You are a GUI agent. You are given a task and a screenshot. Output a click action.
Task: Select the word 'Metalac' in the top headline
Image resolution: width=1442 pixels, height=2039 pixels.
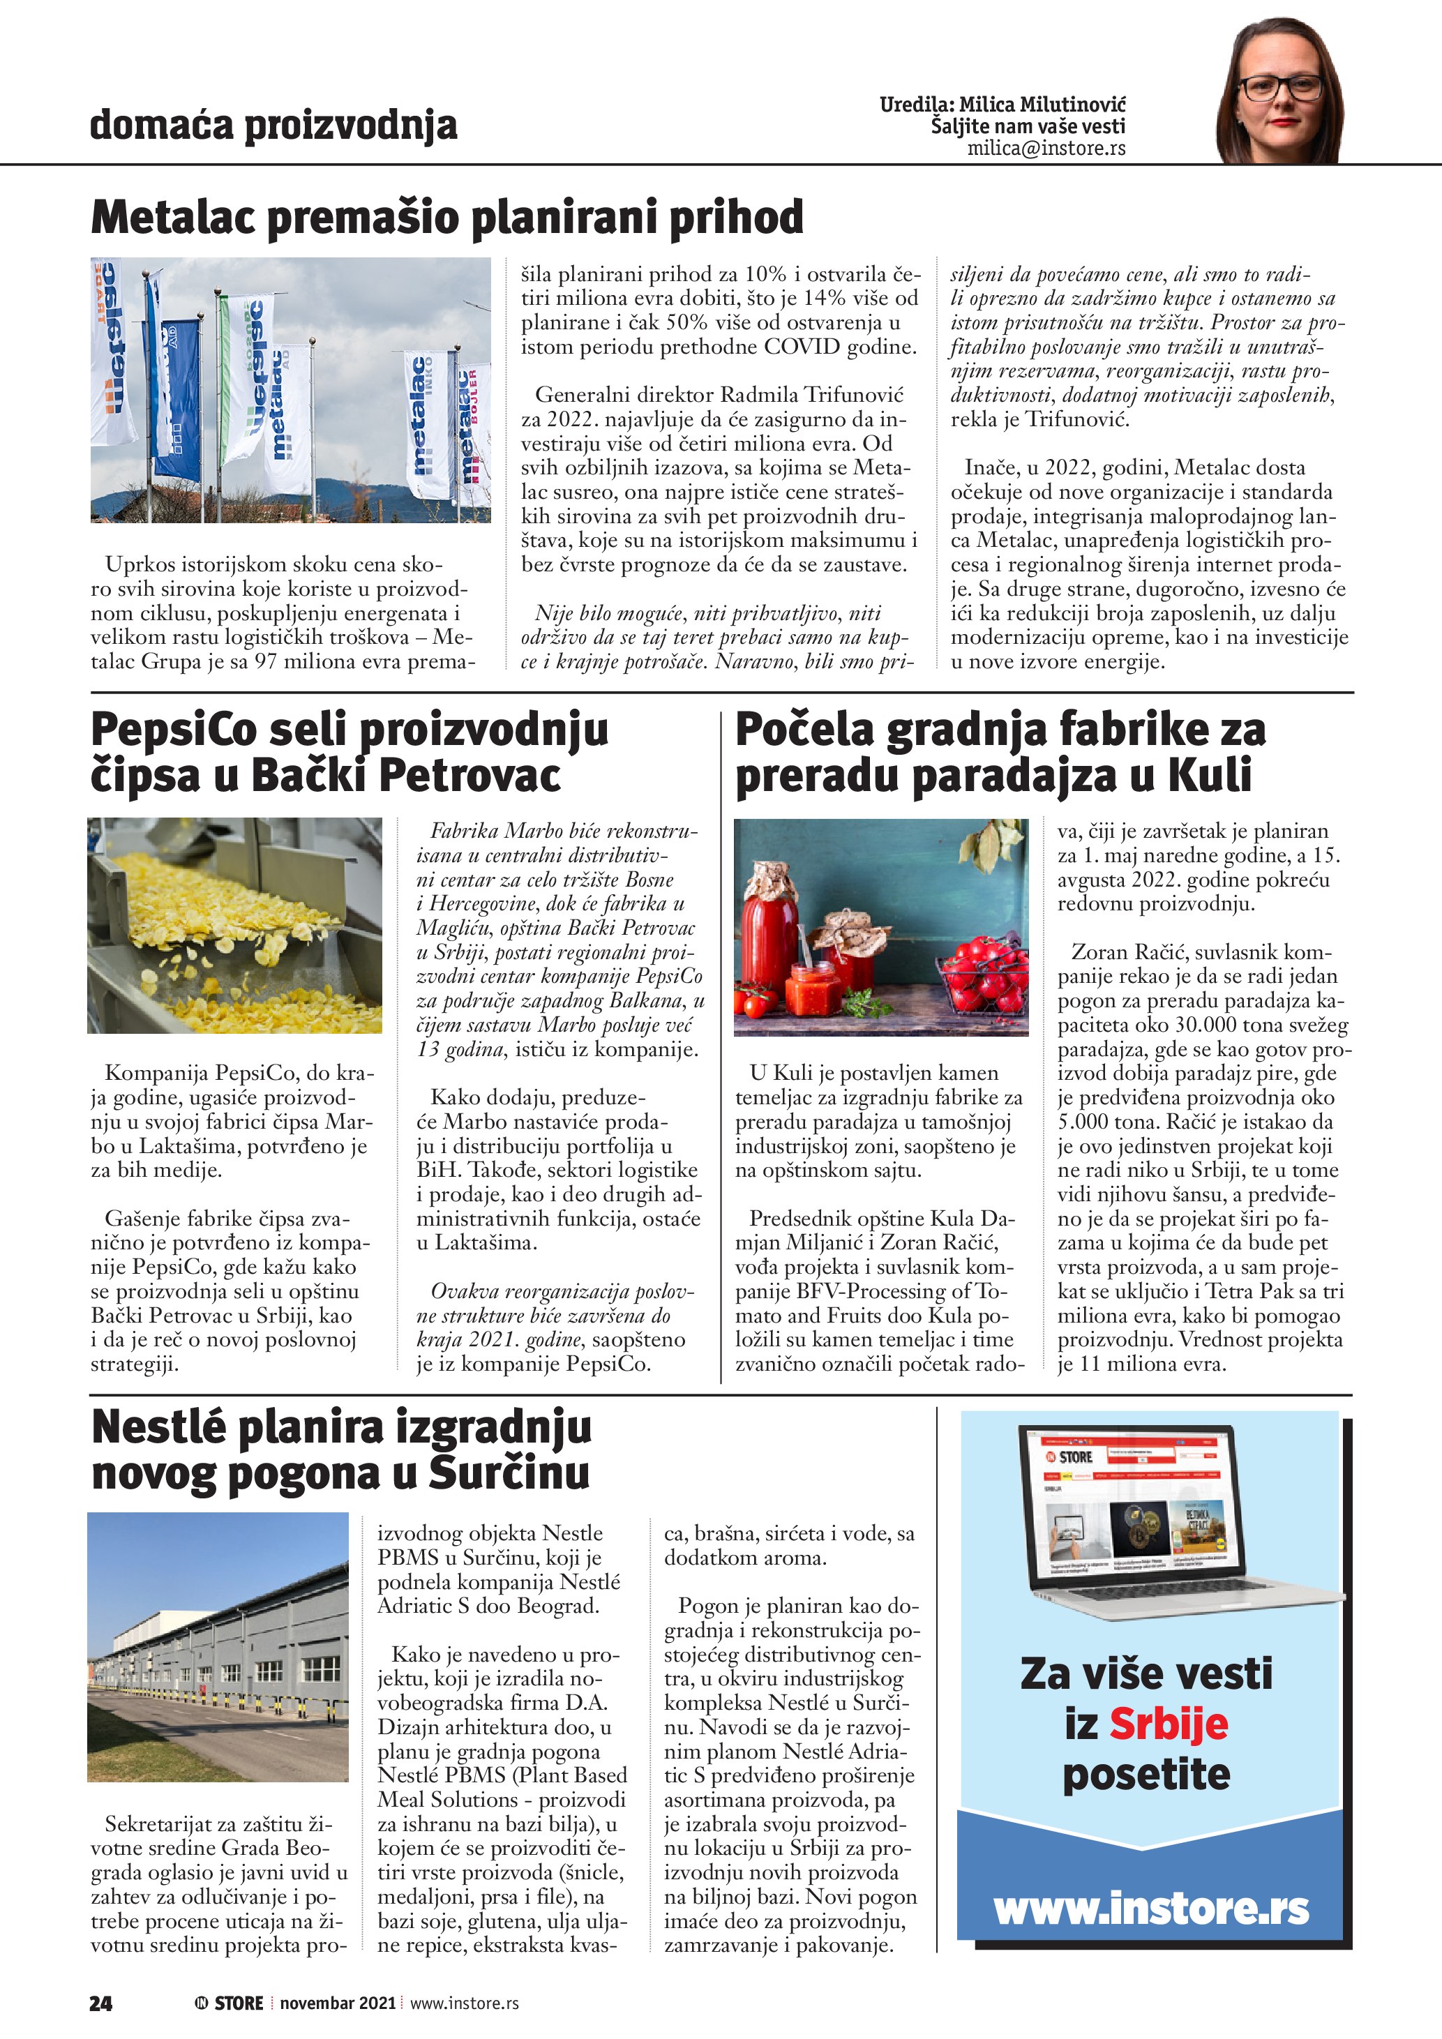[x=172, y=218]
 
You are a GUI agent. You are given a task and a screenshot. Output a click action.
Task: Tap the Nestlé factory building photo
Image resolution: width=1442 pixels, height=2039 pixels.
[x=218, y=1646]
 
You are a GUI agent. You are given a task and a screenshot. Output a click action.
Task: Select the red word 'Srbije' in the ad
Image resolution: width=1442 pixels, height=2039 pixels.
[x=1168, y=1724]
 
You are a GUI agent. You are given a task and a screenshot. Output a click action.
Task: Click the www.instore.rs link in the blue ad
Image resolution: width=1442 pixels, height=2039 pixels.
[x=1151, y=1908]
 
